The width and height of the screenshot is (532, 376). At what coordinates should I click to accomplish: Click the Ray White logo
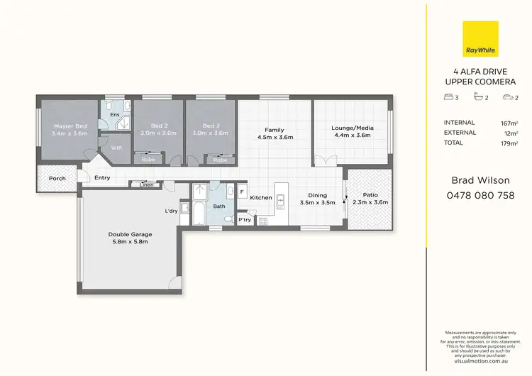(x=480, y=39)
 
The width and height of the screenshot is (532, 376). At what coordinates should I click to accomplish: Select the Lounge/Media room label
(x=352, y=129)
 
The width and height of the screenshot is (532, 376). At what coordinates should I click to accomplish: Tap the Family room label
(x=274, y=129)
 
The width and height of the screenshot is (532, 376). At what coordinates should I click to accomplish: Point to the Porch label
(x=57, y=178)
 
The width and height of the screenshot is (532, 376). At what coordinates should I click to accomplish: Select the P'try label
(x=245, y=220)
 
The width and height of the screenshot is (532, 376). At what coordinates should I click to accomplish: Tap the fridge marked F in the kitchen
(x=242, y=192)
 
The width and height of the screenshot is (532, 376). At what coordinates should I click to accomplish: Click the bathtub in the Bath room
(x=198, y=212)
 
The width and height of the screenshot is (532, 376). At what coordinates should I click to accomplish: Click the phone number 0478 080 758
(x=480, y=195)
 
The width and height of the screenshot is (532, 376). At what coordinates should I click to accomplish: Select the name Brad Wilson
(x=480, y=180)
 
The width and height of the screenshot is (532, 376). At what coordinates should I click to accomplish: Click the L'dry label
(x=171, y=211)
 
